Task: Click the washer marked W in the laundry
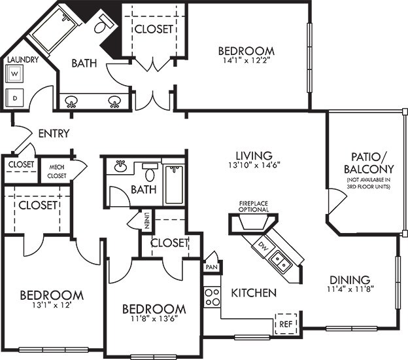pos(15,75)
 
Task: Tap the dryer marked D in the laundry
pos(15,98)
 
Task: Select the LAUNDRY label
pos(23,60)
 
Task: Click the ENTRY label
pos(54,134)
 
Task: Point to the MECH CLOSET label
pos(56,171)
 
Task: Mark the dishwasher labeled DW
pos(262,247)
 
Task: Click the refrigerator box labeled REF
pos(284,323)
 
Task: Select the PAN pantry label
pos(212,267)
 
